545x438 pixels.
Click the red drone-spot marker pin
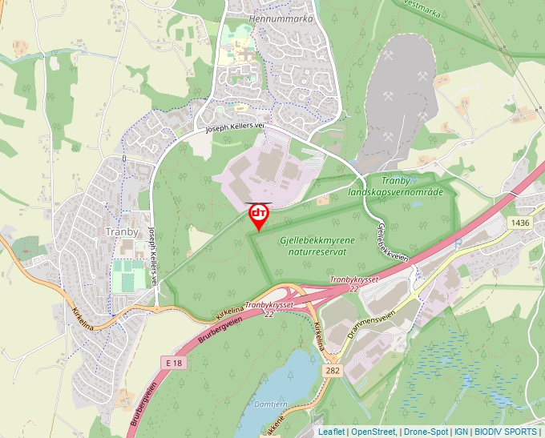click(259, 215)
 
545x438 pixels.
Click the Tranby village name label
click(123, 231)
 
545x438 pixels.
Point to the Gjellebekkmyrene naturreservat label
click(313, 245)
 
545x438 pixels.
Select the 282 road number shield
click(334, 372)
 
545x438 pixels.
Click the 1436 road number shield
click(519, 222)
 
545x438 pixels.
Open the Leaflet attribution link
click(331, 432)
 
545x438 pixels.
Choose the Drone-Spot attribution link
click(426, 432)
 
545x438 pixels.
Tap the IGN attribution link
click(461, 432)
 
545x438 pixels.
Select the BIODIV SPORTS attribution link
click(507, 432)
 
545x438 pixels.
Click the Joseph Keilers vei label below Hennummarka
click(234, 127)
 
